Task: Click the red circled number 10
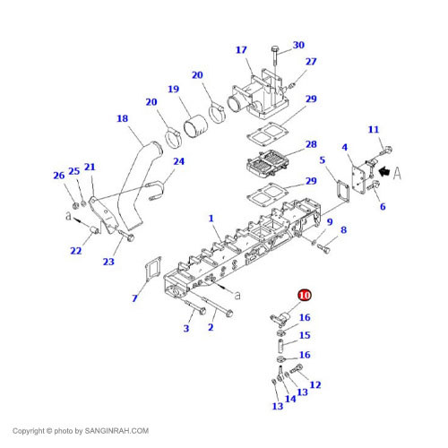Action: [x=304, y=295]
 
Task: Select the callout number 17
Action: [x=241, y=49]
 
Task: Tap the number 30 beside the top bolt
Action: [x=298, y=45]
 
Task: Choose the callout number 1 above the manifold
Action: [x=211, y=218]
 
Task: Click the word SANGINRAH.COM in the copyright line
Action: [x=117, y=431]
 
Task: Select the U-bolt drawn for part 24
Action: [x=159, y=188]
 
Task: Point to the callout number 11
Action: [x=374, y=130]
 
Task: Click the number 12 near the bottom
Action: [x=314, y=384]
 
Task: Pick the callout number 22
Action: [x=75, y=251]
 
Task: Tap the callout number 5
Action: [x=322, y=161]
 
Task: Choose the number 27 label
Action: [x=311, y=62]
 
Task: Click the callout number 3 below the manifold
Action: [x=187, y=329]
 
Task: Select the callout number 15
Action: [x=305, y=335]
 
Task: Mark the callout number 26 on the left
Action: [x=58, y=175]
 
